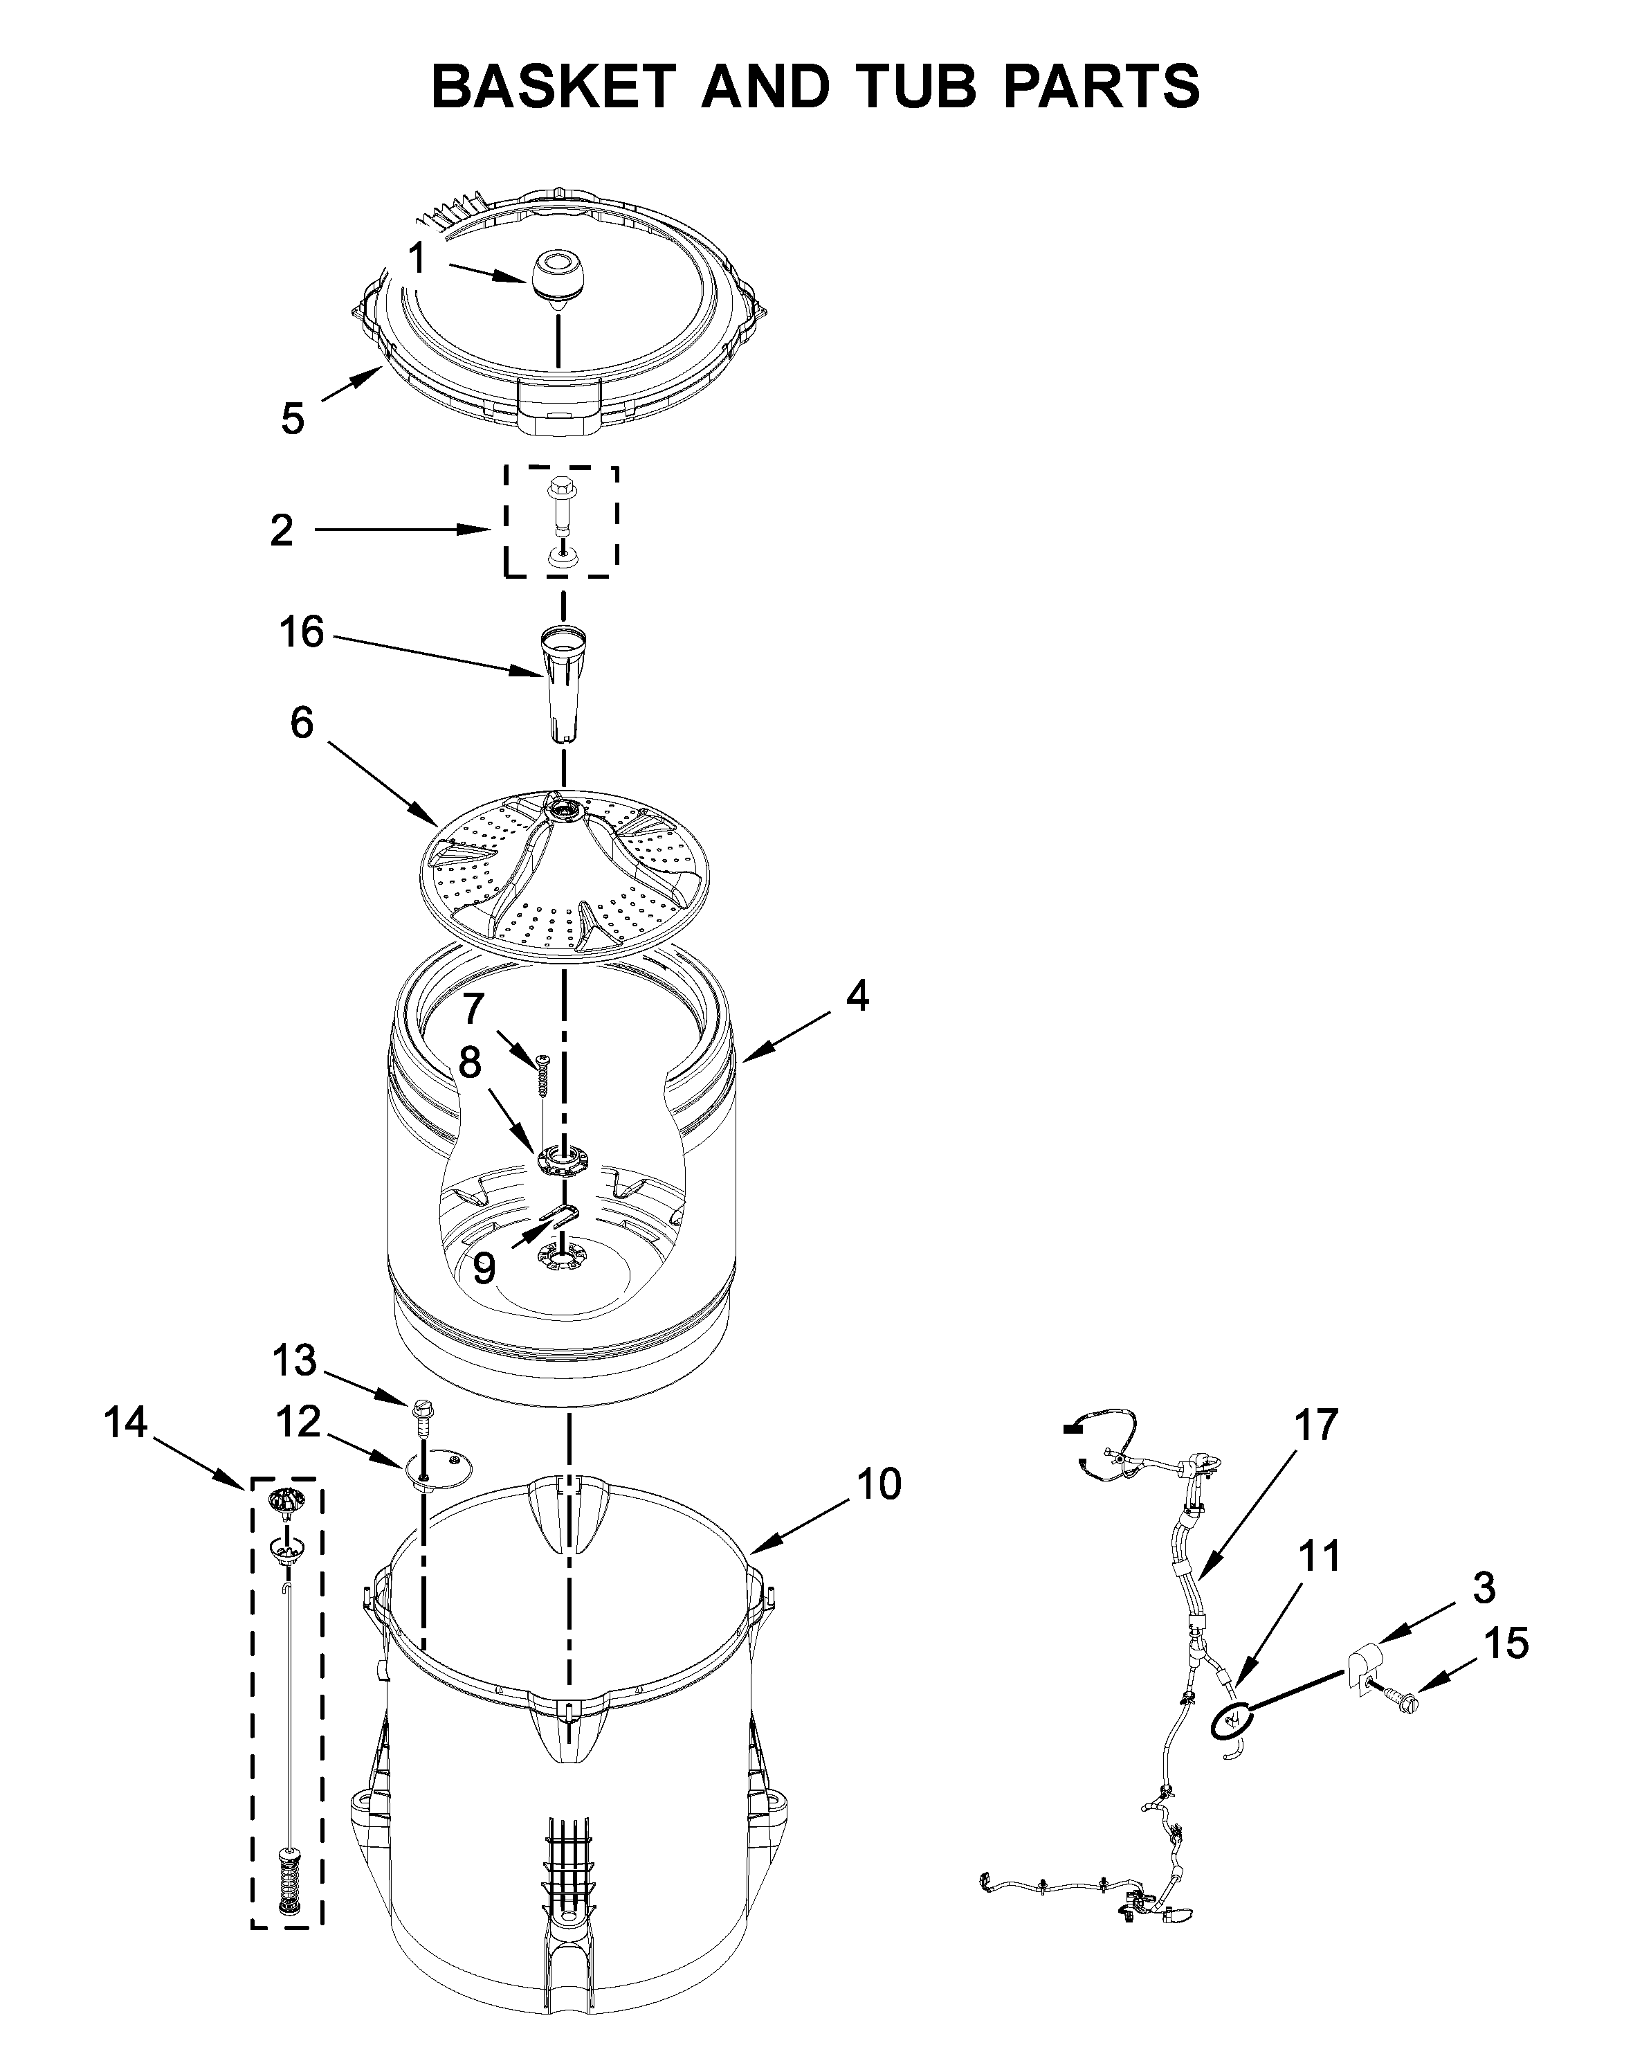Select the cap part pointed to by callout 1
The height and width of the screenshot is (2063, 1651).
[x=555, y=276]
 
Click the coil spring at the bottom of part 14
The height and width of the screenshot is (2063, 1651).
[x=287, y=1880]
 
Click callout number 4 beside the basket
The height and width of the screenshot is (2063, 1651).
[x=857, y=996]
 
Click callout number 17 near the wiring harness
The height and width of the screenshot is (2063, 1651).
[x=1316, y=1425]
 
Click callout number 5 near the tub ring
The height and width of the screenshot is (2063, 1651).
[x=293, y=418]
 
